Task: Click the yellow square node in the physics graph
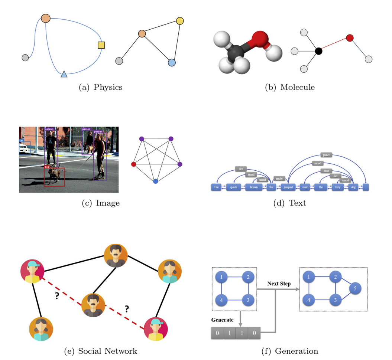pos(101,45)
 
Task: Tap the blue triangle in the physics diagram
pos(64,75)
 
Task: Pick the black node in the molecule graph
pos(318,51)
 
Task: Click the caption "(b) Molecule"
pos(289,88)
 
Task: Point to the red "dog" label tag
pos(47,167)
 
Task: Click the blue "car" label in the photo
pos(22,141)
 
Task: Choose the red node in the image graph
pos(134,164)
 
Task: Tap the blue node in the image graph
pos(155,181)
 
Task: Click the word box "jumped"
pos(288,187)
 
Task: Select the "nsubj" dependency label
pos(278,178)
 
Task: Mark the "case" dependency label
pos(326,171)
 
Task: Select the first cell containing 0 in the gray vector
pos(217,333)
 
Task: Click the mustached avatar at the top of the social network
pos(116,255)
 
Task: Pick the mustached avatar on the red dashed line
pos(93,305)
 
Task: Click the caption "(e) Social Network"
pos(100,351)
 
